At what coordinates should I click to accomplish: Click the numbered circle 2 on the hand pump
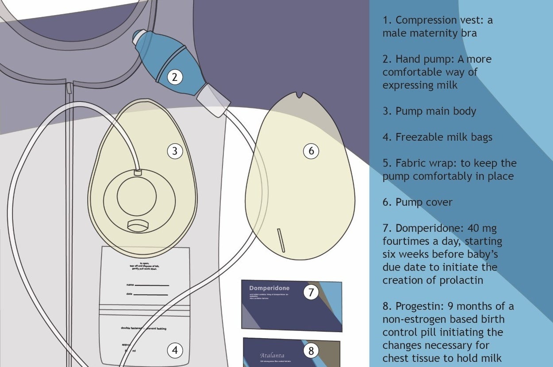(x=175, y=77)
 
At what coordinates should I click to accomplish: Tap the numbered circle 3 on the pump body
(x=175, y=151)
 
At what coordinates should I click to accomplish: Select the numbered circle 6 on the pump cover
(x=311, y=151)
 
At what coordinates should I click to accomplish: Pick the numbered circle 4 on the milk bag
(x=175, y=351)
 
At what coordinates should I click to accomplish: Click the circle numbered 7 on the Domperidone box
(x=311, y=292)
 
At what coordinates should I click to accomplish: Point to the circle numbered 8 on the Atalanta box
(x=311, y=351)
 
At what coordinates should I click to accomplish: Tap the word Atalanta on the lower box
(x=272, y=355)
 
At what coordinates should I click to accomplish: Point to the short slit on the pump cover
(x=281, y=240)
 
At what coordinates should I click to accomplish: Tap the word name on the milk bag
(x=130, y=285)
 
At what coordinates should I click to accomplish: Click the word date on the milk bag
(x=129, y=294)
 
